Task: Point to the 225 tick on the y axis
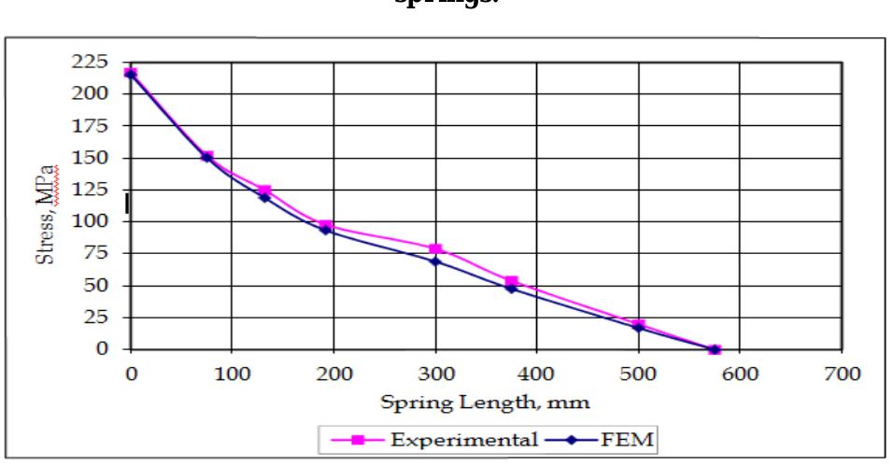point(95,62)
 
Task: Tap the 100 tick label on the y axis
point(95,221)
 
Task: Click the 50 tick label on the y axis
point(99,286)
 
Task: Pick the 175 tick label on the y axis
point(95,125)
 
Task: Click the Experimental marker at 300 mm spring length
point(435,249)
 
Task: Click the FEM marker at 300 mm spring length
point(435,261)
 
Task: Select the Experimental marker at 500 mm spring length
point(639,325)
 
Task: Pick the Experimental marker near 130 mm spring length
point(265,191)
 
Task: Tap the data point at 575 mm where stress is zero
point(715,349)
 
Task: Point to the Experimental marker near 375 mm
point(511,281)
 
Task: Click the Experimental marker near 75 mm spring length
point(207,156)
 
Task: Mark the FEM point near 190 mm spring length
point(325,229)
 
